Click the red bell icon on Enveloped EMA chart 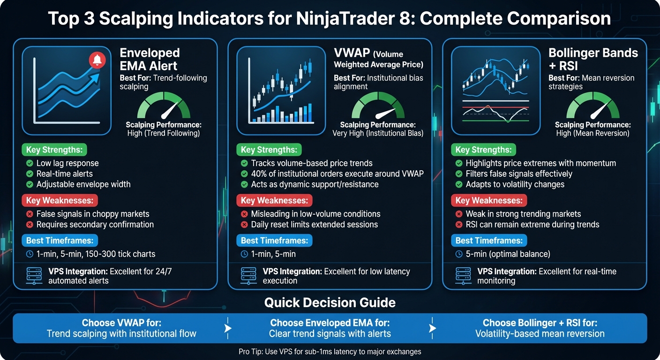point(97,60)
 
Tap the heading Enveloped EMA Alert point(150,59)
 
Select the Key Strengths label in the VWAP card point(269,150)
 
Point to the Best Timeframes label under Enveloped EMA point(60,241)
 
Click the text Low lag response point(67,164)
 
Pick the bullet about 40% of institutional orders point(337,174)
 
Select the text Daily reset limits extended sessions point(314,225)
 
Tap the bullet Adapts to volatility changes point(515,184)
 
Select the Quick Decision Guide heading point(330,302)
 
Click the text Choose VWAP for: point(121,323)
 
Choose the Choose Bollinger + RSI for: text point(540,323)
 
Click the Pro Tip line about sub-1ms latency point(330,352)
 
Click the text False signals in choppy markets point(93,214)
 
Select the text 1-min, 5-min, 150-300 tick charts point(96,254)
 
